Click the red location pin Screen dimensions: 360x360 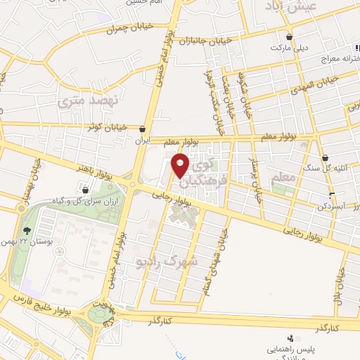181,165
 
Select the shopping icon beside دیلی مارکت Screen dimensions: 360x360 289,37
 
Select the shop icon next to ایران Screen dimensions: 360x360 144,129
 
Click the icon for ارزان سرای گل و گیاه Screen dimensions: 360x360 85,189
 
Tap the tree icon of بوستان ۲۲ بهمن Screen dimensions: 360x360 27,230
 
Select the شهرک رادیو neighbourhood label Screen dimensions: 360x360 163,260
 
